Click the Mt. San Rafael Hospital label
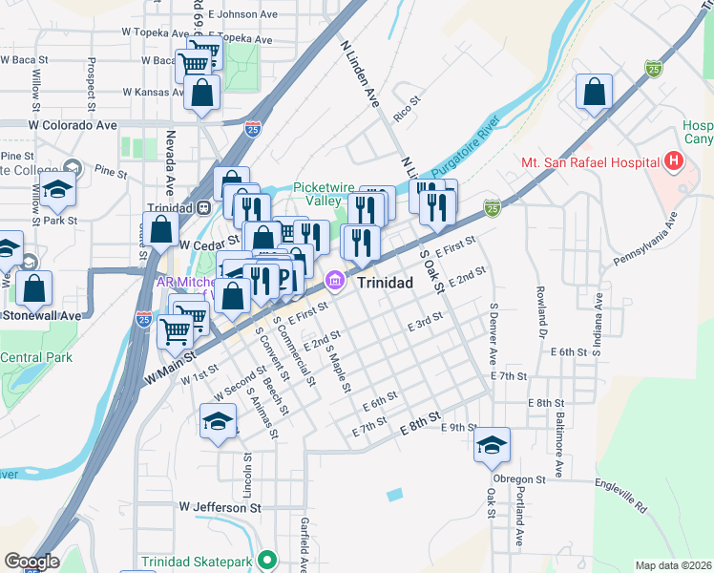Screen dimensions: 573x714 591,161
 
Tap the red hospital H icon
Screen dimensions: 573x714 675,160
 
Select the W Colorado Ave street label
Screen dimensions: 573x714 73,125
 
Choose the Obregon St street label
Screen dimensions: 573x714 518,478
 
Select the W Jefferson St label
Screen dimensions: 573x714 220,509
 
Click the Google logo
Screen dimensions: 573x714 31,562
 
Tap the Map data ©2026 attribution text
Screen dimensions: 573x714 673,565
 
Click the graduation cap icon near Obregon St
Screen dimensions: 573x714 493,444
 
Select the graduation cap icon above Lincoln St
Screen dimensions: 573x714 218,420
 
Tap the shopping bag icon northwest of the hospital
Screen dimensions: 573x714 594,93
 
